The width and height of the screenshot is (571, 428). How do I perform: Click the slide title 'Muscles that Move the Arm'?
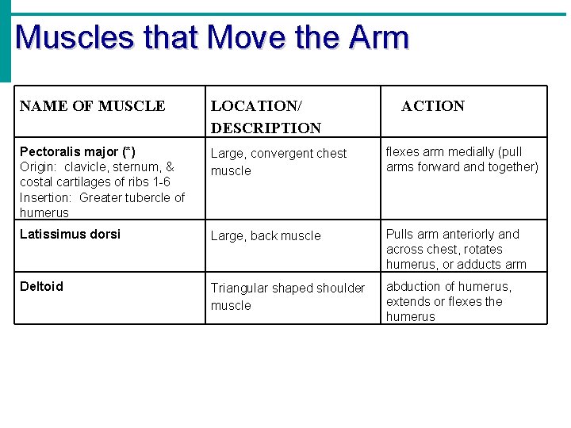pyautogui.click(x=212, y=37)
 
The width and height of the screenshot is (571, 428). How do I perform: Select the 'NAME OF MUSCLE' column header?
pyautogui.click(x=92, y=106)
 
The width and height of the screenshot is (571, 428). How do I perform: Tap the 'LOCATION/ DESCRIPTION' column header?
pyautogui.click(x=266, y=117)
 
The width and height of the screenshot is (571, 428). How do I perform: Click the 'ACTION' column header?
pyautogui.click(x=433, y=106)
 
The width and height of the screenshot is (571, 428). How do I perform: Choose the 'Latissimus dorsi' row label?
pyautogui.click(x=70, y=234)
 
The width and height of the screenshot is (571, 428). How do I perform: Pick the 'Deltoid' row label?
pyautogui.click(x=41, y=286)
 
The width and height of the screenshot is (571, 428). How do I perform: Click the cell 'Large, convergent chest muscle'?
pyautogui.click(x=278, y=162)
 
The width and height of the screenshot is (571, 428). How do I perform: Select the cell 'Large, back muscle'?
pyautogui.click(x=266, y=235)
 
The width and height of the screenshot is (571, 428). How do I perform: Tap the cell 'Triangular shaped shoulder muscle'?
pyautogui.click(x=287, y=296)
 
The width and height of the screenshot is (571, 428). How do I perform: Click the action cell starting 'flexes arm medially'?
pyautogui.click(x=462, y=159)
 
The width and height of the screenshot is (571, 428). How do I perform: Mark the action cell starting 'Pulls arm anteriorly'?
pyautogui.click(x=456, y=249)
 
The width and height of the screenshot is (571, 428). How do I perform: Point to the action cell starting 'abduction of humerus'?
pyautogui.click(x=449, y=301)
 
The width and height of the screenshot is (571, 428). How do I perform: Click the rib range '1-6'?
pyautogui.click(x=160, y=182)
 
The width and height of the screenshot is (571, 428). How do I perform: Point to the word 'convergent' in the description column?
pyautogui.click(x=281, y=153)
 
